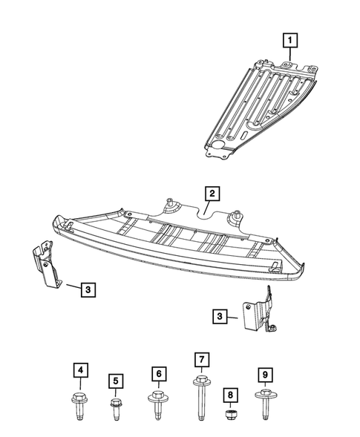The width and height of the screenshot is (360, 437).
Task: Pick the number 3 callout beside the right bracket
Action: [220, 316]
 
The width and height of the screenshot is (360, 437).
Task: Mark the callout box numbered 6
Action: [157, 372]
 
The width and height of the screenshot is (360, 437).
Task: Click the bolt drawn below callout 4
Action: [80, 406]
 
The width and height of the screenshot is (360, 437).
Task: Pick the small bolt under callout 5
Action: [116, 410]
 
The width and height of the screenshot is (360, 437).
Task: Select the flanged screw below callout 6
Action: [157, 404]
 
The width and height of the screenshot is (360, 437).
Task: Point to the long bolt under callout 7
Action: [200, 401]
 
